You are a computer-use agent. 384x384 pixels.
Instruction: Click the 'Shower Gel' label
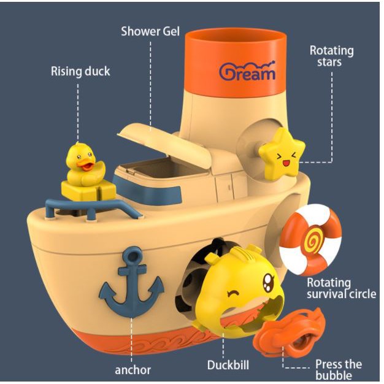[150, 31]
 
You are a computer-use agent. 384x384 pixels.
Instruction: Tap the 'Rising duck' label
[80, 71]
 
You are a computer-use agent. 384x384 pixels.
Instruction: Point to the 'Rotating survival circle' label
[338, 289]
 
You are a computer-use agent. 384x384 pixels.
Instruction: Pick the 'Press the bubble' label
[338, 369]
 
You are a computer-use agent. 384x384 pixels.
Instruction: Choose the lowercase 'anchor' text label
[132, 369]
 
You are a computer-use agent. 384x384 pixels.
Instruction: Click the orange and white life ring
[310, 239]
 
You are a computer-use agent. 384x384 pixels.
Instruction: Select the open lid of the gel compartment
[150, 138]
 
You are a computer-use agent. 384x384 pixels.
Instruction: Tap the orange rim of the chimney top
[236, 37]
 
